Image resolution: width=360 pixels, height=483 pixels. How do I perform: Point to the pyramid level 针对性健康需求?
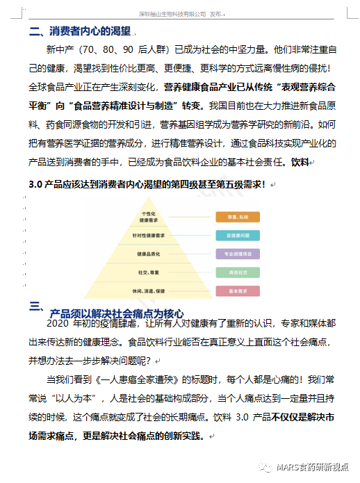point(148,236)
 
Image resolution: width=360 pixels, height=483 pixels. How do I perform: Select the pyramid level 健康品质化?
point(148,254)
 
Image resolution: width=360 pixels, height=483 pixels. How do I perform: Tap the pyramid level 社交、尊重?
point(148,272)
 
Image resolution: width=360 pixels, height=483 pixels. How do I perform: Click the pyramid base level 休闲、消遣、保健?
point(148,290)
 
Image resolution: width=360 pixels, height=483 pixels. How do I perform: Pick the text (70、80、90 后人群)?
point(126,51)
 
